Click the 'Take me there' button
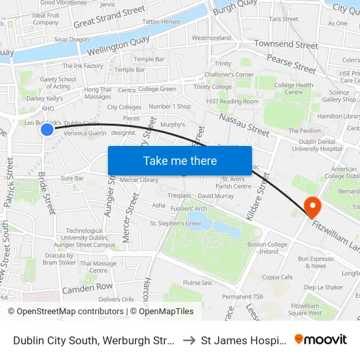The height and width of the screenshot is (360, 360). (x=180, y=160)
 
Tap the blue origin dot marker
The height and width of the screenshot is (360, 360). (x=47, y=130)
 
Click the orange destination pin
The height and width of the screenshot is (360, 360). (x=313, y=207)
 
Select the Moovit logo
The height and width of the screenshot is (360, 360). (x=321, y=339)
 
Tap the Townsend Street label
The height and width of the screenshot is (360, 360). (x=286, y=45)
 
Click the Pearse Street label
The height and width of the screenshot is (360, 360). (x=291, y=65)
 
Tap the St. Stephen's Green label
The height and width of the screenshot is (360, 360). (x=176, y=223)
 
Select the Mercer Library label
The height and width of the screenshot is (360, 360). (x=139, y=179)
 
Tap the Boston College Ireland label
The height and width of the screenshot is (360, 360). (x=268, y=247)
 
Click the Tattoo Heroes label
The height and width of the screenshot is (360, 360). (x=162, y=22)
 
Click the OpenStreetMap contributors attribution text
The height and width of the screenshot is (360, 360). (x=65, y=312)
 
